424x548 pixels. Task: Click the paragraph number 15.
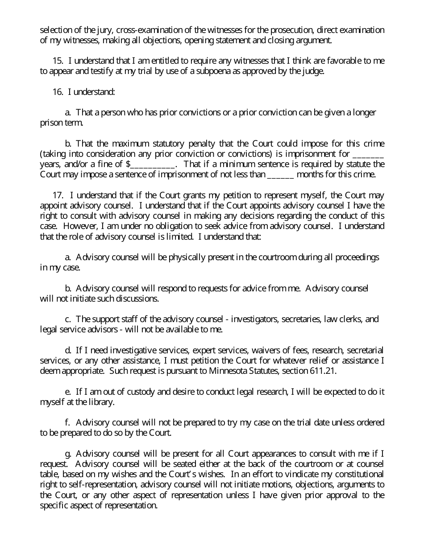(57, 61)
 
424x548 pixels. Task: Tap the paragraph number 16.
(57, 92)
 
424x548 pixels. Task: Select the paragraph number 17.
(57, 195)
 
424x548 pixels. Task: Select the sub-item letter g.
(68, 454)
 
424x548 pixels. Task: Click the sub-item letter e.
(68, 392)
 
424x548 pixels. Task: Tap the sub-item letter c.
(68, 319)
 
